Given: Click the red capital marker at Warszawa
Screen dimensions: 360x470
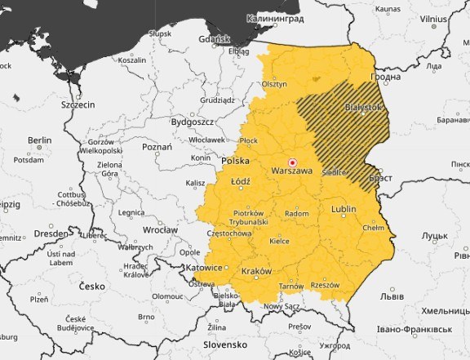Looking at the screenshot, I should tap(293, 162).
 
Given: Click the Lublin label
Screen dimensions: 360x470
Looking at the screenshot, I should tap(344, 210).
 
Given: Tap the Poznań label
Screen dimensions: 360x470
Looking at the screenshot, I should tap(157, 148).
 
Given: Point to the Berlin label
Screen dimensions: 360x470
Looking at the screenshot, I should tap(39, 140).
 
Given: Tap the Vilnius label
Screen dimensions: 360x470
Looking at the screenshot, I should tap(434, 17).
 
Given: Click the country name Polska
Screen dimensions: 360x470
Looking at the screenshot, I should tap(236, 161).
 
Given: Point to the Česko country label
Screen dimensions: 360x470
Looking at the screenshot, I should tap(92, 287).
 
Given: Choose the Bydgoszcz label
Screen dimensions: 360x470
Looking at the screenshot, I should tap(192, 122).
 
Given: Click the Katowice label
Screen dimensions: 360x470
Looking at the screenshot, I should tap(203, 267).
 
